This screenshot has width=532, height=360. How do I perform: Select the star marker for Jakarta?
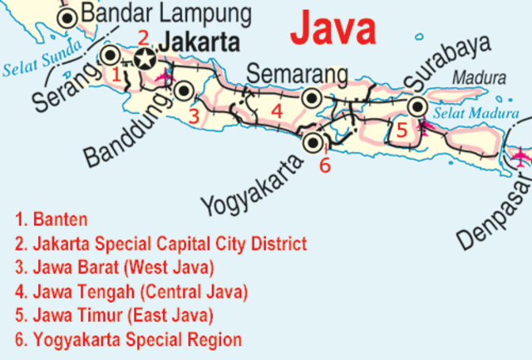click(x=146, y=58)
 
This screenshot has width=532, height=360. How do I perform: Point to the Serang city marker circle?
click(x=110, y=56)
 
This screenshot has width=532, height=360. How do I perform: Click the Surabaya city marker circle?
click(x=417, y=106)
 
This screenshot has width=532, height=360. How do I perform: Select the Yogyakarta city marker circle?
click(x=313, y=142)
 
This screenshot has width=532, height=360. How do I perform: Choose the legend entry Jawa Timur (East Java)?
click(x=114, y=316)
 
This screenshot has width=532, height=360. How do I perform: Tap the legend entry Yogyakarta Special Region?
click(x=128, y=340)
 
